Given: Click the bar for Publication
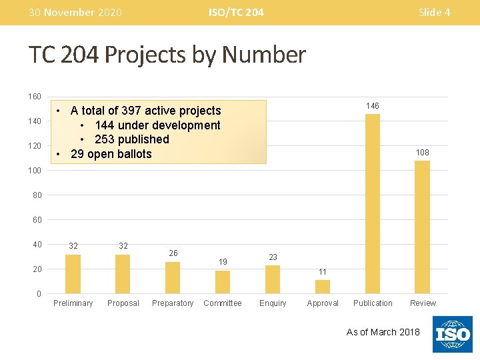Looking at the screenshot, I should [x=373, y=204].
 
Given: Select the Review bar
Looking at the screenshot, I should [x=422, y=227].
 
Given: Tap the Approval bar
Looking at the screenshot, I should [x=323, y=287].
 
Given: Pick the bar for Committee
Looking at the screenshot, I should [x=223, y=282].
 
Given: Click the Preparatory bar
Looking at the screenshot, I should [x=173, y=277].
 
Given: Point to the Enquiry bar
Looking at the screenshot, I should [x=273, y=279].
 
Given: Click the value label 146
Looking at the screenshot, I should [x=373, y=106].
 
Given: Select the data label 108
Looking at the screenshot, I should [x=422, y=153].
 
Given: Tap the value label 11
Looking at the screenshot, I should [x=323, y=271].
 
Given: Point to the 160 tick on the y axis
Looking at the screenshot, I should [x=35, y=97].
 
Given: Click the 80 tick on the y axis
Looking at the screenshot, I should [x=37, y=195].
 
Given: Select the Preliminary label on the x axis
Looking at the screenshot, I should [x=73, y=303].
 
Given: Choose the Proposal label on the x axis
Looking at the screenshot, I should [x=123, y=303].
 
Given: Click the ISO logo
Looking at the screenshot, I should [x=453, y=334].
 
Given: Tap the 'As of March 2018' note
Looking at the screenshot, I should [x=383, y=332].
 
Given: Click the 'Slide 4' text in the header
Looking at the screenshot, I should [x=434, y=12].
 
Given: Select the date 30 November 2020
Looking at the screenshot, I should [x=75, y=12].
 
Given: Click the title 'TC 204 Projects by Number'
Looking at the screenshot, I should [x=167, y=55].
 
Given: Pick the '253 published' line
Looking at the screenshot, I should [x=132, y=139].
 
